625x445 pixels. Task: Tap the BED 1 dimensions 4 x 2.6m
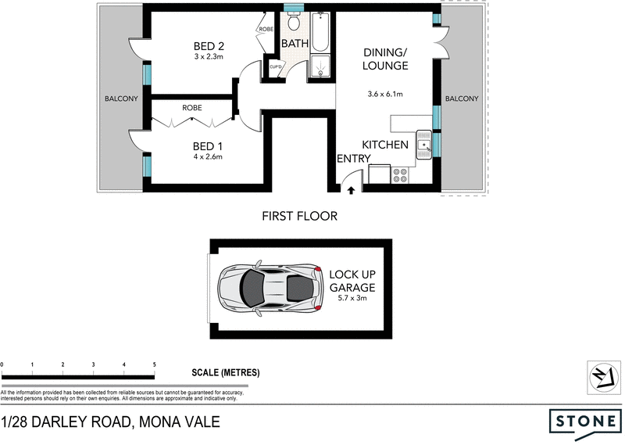(x=209, y=156)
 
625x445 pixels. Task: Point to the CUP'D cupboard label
(x=275, y=67)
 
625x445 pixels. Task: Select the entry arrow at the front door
(x=351, y=188)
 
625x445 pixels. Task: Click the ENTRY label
(x=352, y=159)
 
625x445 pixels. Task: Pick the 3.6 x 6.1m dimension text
(x=384, y=95)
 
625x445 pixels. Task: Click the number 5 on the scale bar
(x=155, y=365)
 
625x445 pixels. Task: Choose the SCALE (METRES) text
(x=226, y=372)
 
